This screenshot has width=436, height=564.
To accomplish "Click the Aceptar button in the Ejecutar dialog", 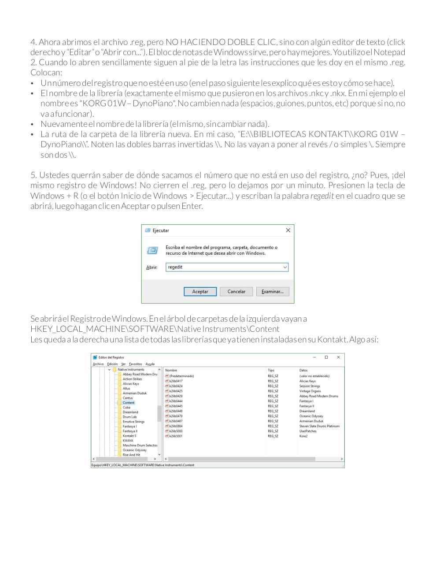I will [200, 292].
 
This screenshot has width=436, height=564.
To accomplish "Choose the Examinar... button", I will [273, 292].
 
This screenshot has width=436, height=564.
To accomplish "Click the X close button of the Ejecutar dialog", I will [288, 230].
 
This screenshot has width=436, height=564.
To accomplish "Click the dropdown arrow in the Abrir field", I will [285, 267].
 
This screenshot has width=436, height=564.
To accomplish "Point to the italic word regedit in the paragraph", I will [322, 196].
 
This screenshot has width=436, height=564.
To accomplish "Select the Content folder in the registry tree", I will [128, 403].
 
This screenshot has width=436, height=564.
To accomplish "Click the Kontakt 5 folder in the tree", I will [129, 436].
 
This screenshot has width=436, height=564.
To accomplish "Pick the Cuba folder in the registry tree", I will [126, 408].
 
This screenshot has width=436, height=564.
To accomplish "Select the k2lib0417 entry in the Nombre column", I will [176, 381].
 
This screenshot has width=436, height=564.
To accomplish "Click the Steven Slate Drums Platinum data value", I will [319, 426].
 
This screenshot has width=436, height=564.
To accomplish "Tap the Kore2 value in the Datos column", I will [303, 436].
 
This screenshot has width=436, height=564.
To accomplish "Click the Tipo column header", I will [271, 371].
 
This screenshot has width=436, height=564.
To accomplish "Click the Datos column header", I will [303, 371].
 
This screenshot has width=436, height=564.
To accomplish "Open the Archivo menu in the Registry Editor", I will [98, 364].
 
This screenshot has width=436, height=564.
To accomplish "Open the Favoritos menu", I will [135, 364].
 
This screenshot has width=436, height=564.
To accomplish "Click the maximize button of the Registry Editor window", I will [326, 357].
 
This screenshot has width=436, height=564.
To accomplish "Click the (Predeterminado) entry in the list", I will [181, 376].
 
